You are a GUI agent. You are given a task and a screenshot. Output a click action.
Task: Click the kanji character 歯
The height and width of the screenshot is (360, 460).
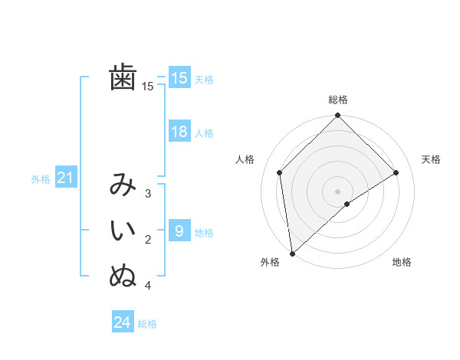coord(123,78)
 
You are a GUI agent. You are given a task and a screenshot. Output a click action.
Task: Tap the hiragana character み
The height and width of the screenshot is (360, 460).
coord(123,186)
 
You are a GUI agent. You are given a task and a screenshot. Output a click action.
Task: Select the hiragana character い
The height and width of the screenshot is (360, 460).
coord(123,231)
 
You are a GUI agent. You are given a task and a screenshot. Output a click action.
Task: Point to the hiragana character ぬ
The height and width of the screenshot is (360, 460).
coord(123,277)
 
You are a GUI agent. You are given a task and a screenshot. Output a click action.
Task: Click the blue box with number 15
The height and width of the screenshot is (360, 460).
coord(179,78)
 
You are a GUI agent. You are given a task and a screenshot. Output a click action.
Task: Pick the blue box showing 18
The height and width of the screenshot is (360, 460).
coord(179,132)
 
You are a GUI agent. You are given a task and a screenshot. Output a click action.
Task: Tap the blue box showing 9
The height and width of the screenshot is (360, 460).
coord(179,231)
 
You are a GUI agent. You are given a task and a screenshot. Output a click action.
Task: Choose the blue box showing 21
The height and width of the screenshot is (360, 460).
coord(65,178)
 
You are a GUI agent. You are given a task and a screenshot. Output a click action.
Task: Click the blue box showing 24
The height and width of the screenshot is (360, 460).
coord(123,322)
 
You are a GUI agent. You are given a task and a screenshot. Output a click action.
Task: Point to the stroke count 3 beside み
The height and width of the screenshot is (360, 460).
coord(148,194)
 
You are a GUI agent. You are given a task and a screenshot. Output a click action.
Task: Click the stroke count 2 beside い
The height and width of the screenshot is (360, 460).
coord(148,240)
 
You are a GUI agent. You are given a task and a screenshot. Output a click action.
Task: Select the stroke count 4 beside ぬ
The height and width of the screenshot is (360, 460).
coord(148,286)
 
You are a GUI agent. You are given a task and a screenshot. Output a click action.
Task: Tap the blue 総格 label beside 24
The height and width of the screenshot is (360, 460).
coord(147,324)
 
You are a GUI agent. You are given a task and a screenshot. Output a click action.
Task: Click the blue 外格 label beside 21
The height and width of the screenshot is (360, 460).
coord(41,179)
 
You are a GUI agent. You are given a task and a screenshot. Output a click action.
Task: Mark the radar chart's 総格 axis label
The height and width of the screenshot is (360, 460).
coord(337,100)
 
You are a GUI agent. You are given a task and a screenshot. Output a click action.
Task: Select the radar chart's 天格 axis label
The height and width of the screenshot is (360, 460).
coord(432,159)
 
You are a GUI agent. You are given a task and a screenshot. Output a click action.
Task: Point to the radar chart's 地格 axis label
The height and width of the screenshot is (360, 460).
coord(402,262)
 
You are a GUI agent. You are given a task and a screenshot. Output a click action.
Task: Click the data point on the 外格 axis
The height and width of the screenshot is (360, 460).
coord(292,254)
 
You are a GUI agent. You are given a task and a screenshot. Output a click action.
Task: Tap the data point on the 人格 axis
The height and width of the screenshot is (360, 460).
coord(280,172)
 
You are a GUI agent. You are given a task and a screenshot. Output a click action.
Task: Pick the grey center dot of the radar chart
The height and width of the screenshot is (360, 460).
coord(337,191)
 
